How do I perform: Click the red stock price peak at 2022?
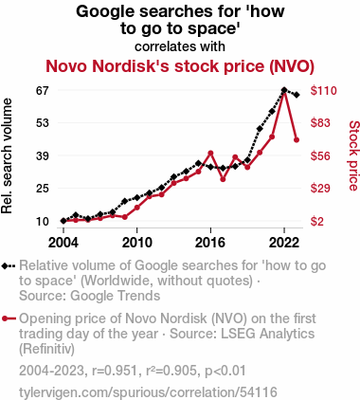pos(284,93)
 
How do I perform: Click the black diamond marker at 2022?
pos(284,90)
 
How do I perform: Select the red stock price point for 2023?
pos(297,140)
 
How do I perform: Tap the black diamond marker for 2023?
pos(297,95)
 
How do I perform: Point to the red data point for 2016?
pos(210,154)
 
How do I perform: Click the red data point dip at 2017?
pos(223,179)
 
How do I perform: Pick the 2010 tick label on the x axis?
pos(137,243)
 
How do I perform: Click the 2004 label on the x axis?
pos(63,243)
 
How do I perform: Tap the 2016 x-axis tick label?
pos(210,243)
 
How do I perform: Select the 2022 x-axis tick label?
pos(284,243)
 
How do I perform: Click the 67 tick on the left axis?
pos(43,91)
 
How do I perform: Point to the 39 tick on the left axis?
pos(43,155)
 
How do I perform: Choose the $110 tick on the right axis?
pos(324,91)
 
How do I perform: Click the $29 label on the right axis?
pos(320,189)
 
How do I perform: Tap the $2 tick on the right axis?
pos(317,222)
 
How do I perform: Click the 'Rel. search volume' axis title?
pos(7,156)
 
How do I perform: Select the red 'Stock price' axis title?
pos(354,155)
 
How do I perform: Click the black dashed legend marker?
pos(9,266)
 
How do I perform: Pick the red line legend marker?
pos(9,318)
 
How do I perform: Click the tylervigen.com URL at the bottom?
pos(148,392)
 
